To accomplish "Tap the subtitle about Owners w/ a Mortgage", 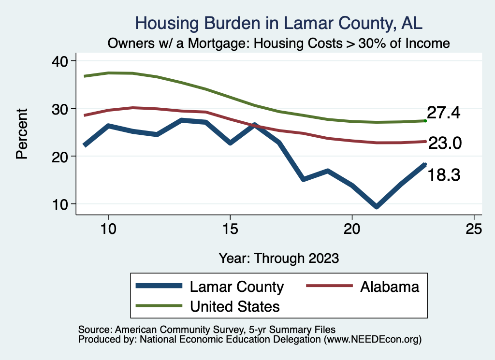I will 279,43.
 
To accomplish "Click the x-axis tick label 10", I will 108,229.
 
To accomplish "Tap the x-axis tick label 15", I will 230,229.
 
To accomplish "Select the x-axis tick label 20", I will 352,229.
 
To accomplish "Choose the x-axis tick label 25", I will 474,229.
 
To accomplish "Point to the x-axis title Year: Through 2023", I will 278,258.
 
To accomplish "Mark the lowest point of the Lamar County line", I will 376,206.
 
